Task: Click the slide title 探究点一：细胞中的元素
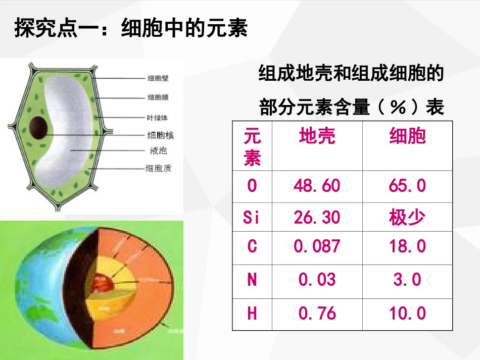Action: (131, 28)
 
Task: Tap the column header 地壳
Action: (317, 136)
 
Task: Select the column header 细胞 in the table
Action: (407, 136)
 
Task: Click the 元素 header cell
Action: (252, 147)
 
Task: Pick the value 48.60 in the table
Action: (317, 186)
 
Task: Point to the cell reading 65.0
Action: (407, 186)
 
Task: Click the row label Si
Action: (252, 218)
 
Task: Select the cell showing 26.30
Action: (317, 218)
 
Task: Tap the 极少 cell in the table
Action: (407, 218)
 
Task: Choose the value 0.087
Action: (317, 246)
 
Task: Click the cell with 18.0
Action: (407, 246)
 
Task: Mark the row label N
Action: (252, 280)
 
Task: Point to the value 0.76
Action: (317, 314)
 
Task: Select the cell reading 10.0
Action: (407, 314)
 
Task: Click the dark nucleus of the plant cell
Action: (39, 128)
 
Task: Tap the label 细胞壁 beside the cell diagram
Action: (158, 78)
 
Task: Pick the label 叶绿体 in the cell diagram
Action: (157, 118)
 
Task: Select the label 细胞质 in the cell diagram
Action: (158, 168)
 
